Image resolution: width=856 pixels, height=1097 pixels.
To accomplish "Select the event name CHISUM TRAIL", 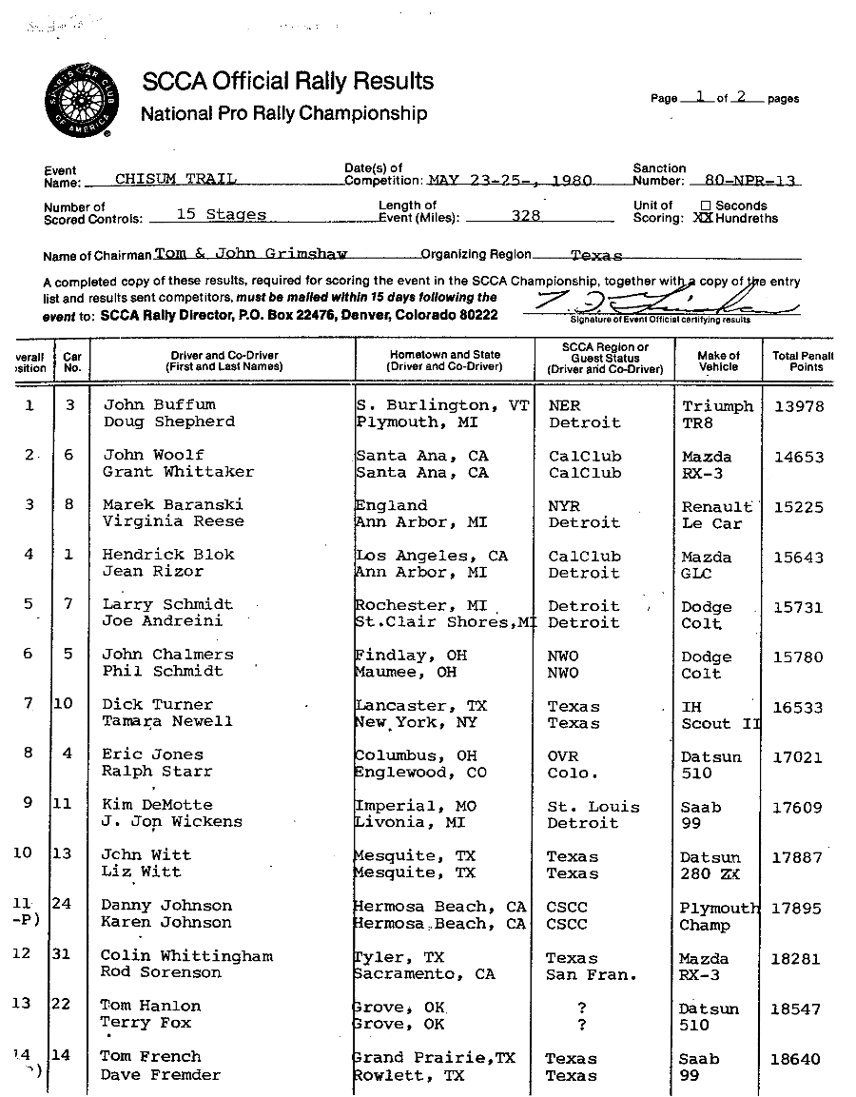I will [x=175, y=179].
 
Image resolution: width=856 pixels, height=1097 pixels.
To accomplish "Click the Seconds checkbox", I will [x=706, y=206].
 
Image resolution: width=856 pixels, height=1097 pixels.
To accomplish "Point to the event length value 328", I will [x=526, y=216].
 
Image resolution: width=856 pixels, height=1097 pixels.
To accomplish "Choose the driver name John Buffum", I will [x=159, y=404].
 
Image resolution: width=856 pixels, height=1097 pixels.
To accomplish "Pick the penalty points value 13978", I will [x=798, y=406].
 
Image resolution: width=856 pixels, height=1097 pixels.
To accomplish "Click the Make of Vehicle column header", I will [x=718, y=361].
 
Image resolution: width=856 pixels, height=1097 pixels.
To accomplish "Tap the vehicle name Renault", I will [x=716, y=507].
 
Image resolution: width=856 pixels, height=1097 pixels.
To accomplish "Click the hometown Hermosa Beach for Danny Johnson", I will [x=438, y=906].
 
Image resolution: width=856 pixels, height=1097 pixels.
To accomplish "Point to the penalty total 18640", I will [x=796, y=1059].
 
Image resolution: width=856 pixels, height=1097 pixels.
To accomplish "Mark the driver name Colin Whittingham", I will [x=186, y=955].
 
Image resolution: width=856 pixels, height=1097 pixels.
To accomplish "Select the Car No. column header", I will [x=71, y=361].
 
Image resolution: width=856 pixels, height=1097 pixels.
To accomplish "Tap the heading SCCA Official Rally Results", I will [x=287, y=82].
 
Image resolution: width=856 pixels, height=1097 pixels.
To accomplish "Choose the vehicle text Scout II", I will [x=720, y=723].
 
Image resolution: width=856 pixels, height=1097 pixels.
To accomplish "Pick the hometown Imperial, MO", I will [x=415, y=806].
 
